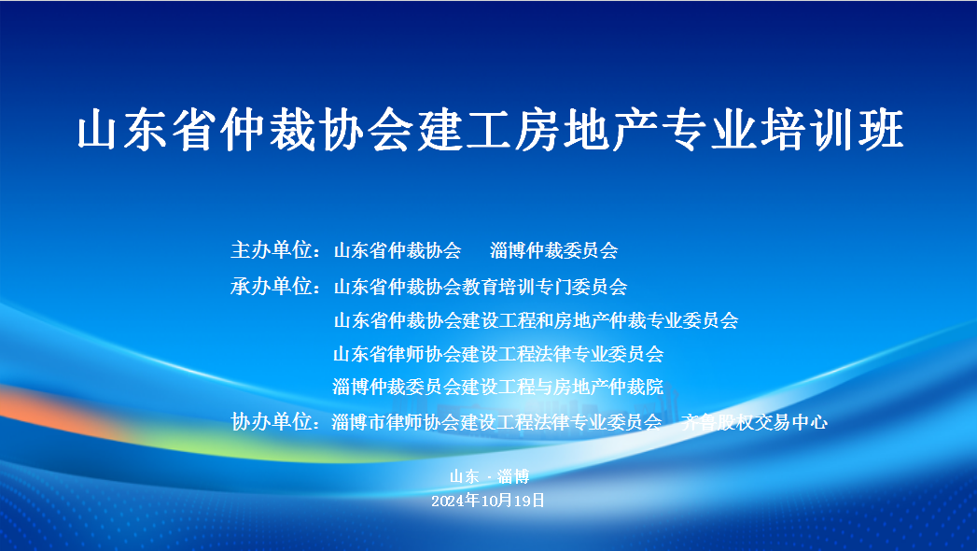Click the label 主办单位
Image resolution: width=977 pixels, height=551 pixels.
(271, 250)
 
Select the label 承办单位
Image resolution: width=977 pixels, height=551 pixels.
(271, 286)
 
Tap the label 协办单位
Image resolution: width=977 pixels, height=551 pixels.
(271, 421)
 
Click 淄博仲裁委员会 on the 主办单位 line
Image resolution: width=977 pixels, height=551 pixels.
(554, 250)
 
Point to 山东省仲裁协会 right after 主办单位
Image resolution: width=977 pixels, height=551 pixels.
(398, 250)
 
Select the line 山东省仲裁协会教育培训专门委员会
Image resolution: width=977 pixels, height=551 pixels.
(481, 287)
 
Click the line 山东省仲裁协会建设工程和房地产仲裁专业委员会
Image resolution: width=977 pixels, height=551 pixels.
(536, 320)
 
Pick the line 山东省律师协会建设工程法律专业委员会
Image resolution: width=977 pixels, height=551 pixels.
(498, 354)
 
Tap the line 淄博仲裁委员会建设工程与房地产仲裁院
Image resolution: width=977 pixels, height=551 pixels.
(498, 387)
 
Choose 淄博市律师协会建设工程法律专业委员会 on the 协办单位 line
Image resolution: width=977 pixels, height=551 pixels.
(496, 422)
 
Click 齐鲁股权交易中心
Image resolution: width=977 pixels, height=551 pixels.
(755, 422)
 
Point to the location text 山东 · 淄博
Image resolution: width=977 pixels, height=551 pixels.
(490, 477)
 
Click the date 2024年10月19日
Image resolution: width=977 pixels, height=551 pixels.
(489, 501)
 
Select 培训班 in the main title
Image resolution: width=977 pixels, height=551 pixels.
(831, 130)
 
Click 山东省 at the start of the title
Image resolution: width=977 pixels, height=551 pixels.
(148, 130)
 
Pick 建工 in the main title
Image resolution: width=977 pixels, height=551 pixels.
(465, 130)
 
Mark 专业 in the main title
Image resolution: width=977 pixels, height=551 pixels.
(709, 130)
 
